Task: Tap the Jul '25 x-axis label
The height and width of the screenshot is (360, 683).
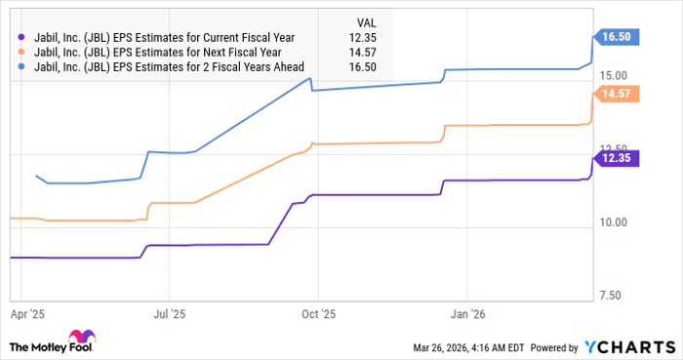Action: point(169,314)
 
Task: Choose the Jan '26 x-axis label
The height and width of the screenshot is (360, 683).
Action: point(465,314)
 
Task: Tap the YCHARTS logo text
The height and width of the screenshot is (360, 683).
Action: point(629,347)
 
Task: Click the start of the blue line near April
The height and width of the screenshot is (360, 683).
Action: point(36,177)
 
